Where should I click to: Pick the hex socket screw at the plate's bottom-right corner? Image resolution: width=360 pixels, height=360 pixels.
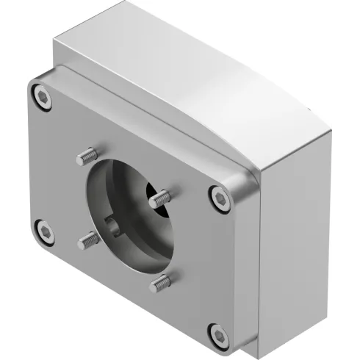pos(217,334)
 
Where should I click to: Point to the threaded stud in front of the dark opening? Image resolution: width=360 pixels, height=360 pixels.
pos(159,198)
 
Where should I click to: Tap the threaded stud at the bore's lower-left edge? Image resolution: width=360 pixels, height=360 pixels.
pos(90,239)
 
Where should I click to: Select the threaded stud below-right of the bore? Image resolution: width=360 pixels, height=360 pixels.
pos(159,282)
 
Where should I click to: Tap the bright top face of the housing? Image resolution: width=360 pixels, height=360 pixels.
pos(184,59)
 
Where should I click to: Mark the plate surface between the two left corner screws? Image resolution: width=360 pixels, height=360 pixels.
pos(44,165)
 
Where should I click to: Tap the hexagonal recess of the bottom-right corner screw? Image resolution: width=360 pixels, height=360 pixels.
pos(217,335)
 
